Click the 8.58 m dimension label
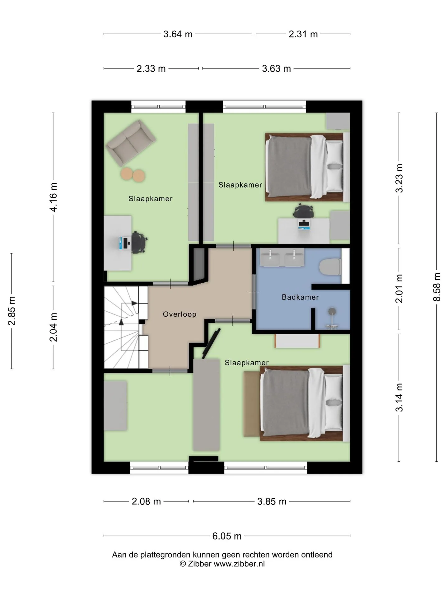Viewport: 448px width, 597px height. coord(437,287)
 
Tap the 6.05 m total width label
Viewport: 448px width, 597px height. coord(227,536)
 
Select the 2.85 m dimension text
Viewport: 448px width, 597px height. coord(12,311)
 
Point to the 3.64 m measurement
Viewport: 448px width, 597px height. coord(178,34)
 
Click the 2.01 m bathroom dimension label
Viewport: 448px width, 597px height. coord(399,289)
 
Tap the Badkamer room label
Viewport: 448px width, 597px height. coord(300,297)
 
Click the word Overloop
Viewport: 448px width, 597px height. coord(180,314)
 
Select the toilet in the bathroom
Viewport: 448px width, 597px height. coord(331,267)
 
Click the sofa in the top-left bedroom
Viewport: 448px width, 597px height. coord(131,143)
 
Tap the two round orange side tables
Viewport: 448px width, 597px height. coord(133,175)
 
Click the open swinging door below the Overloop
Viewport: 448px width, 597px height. coord(211,343)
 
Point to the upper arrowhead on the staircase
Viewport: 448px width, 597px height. coord(134,303)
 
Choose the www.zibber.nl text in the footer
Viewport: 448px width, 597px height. coord(239,564)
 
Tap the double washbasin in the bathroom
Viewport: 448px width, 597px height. coord(282,257)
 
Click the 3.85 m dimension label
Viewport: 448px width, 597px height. coord(272,501)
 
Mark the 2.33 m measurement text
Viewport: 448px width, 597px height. coord(151,68)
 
